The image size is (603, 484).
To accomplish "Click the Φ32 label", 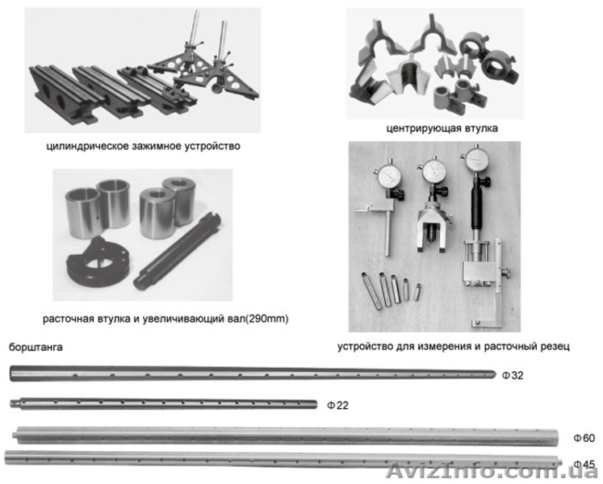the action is pyautogui.click(x=513, y=375).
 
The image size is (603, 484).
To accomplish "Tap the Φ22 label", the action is pyautogui.click(x=337, y=405).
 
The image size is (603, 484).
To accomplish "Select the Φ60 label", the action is pyautogui.click(x=584, y=438).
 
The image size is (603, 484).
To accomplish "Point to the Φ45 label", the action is pyautogui.click(x=584, y=464).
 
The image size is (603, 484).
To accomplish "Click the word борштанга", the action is pyautogui.click(x=36, y=347).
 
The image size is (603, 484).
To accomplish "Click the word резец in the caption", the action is pyautogui.click(x=555, y=346).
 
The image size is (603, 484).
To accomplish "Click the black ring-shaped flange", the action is pyautogui.click(x=98, y=261).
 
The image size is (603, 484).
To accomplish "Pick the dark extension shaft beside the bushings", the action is pyautogui.click(x=177, y=252).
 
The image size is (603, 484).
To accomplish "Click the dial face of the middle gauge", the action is pyautogui.click(x=433, y=172).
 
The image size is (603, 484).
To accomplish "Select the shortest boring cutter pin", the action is pyautogui.click(x=417, y=292).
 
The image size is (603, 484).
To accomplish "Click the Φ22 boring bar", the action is pyautogui.click(x=163, y=404).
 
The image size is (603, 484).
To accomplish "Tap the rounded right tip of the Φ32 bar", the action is pyautogui.click(x=493, y=373).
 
